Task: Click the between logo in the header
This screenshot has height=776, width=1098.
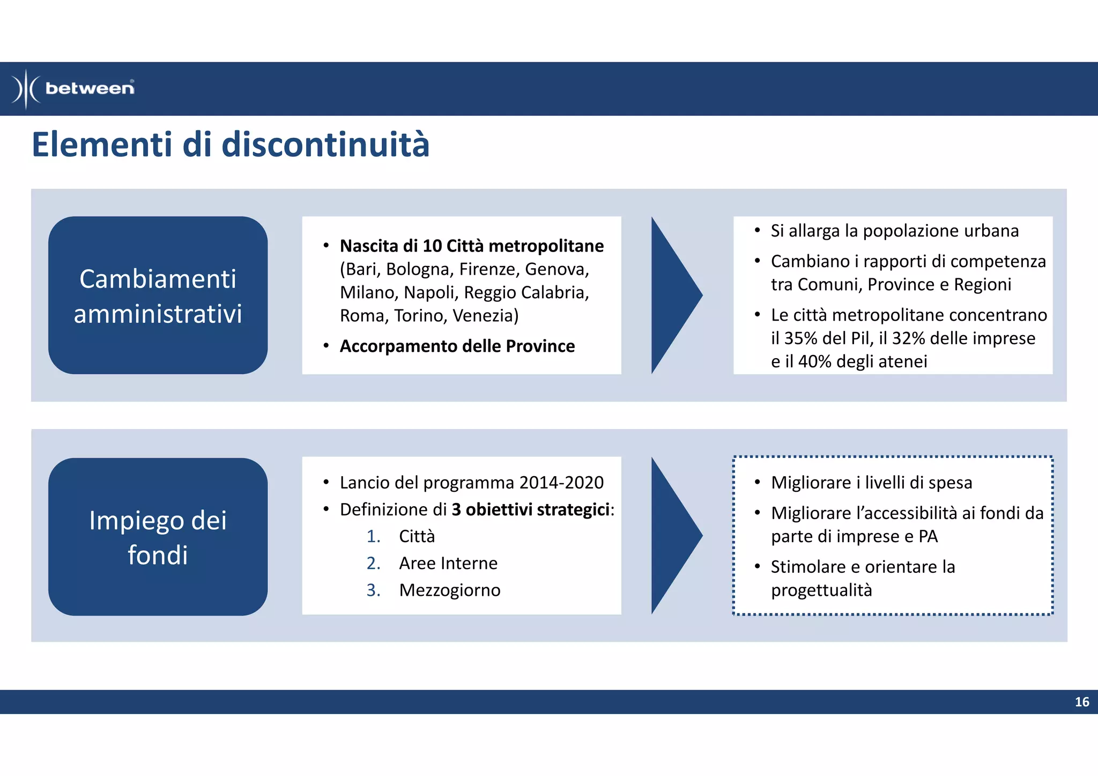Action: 73,88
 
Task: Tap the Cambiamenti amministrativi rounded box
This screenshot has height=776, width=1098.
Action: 158,295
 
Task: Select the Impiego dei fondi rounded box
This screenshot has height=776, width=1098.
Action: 158,537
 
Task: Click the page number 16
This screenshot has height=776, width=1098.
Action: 1081,702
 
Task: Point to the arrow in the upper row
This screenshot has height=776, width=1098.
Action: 674,295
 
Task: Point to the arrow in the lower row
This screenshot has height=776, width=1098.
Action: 674,535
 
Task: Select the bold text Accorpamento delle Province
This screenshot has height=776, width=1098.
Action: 457,346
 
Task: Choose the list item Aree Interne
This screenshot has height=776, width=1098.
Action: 448,564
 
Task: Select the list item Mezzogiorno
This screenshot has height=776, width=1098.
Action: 449,590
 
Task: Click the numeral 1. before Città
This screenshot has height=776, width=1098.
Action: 374,537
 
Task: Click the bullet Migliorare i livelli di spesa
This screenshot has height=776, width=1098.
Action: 871,483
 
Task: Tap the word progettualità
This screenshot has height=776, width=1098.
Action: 821,590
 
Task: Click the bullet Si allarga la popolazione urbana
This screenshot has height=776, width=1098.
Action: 894,231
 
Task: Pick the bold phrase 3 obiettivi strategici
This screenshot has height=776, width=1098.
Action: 530,509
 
